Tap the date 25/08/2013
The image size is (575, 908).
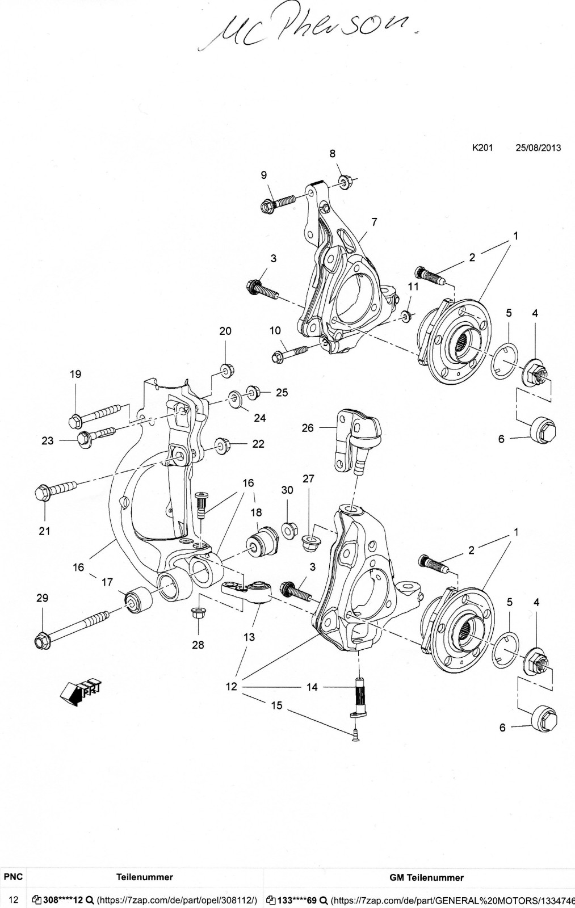point(538,148)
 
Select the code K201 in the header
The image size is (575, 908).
point(482,148)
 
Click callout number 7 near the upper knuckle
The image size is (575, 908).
point(374,222)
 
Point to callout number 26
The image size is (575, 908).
point(308,428)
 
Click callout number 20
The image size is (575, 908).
point(225,331)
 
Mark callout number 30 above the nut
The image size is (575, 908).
point(287,490)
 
